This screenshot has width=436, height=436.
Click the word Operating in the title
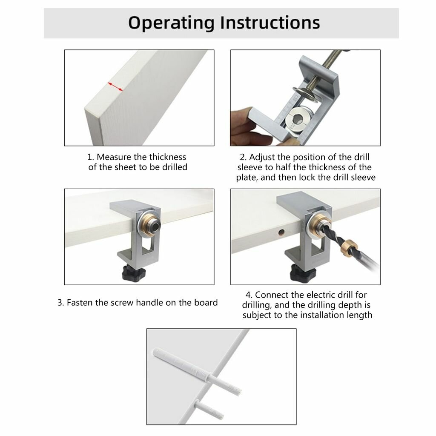pyautogui.click(x=171, y=23)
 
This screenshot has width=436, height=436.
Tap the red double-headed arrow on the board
pyautogui.click(x=115, y=86)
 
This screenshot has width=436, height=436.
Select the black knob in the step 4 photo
pyautogui.click(x=303, y=273)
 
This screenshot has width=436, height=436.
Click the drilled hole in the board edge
pyautogui.click(x=281, y=232)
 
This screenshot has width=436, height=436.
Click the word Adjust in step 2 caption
pyautogui.click(x=262, y=158)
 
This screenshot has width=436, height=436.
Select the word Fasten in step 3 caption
pyautogui.click(x=80, y=303)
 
